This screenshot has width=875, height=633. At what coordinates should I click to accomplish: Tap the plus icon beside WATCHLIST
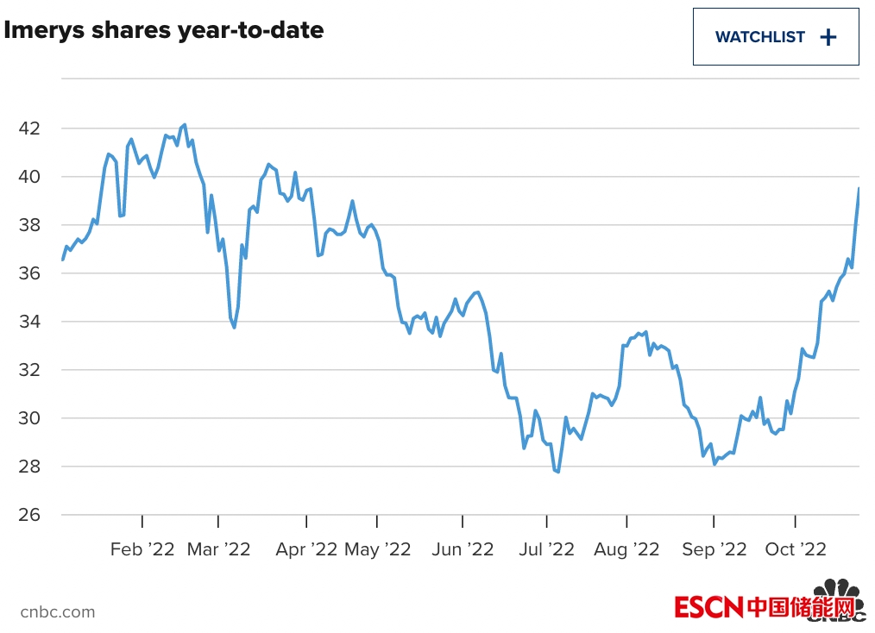(828, 37)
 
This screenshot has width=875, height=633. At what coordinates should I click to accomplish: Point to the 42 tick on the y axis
(28, 128)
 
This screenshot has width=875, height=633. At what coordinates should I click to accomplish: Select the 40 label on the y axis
(28, 177)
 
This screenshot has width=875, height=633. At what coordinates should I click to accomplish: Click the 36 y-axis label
(28, 273)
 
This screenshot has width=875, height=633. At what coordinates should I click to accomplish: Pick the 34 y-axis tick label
(28, 322)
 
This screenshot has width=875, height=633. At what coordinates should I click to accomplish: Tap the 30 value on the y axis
(28, 418)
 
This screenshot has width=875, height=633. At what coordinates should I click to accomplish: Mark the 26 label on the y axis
(28, 515)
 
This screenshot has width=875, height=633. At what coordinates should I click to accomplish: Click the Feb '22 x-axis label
(142, 549)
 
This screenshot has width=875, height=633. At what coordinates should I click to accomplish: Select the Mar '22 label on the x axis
(218, 549)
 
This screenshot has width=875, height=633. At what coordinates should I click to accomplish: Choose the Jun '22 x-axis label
(462, 549)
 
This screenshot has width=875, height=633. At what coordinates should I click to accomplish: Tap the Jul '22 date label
(546, 549)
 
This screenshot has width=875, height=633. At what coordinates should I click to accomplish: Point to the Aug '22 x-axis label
(626, 549)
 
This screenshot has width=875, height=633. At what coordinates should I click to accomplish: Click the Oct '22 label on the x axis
(795, 549)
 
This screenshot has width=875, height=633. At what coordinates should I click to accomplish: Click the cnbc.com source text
(57, 612)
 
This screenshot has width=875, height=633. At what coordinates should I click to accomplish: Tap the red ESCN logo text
(708, 607)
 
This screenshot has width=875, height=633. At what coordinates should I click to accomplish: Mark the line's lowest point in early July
(558, 472)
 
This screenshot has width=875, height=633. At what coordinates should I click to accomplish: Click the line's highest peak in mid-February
(185, 125)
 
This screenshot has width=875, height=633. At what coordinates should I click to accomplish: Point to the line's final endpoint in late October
(859, 188)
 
